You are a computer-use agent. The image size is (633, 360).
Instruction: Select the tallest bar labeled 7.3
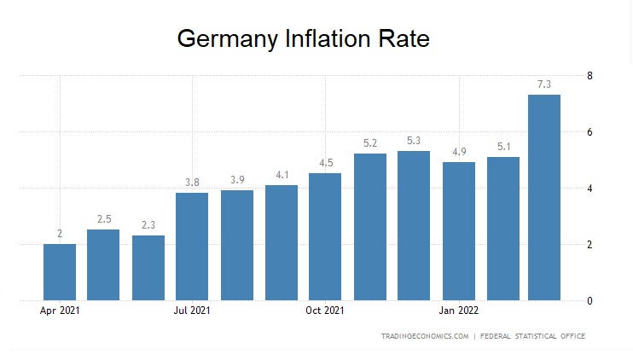pos(544,197)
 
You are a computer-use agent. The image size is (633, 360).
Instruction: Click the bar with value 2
pos(60,272)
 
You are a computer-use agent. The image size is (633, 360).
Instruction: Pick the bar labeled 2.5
pos(103,264)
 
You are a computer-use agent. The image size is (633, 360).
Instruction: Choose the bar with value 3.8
pos(192,247)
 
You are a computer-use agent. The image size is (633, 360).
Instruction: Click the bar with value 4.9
pos(459,231)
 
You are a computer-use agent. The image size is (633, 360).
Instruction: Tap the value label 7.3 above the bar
pos(544,84)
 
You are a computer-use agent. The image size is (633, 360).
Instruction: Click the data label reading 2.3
pos(148,224)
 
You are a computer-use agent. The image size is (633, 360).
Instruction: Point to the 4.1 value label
pos(281,174)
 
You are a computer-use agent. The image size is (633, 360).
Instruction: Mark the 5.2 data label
pos(369,143)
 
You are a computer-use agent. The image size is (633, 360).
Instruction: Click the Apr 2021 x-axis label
pos(60,311)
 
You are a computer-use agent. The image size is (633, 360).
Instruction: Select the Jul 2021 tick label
pos(192,311)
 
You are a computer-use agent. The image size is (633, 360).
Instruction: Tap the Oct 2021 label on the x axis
pos(325,311)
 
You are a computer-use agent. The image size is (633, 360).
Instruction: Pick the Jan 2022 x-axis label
pos(459,311)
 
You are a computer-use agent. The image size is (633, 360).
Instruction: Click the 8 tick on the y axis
pos(589,76)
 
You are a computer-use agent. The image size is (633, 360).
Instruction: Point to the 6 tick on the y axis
pos(589,132)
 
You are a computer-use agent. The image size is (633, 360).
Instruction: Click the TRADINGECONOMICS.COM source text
pos(425,336)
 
